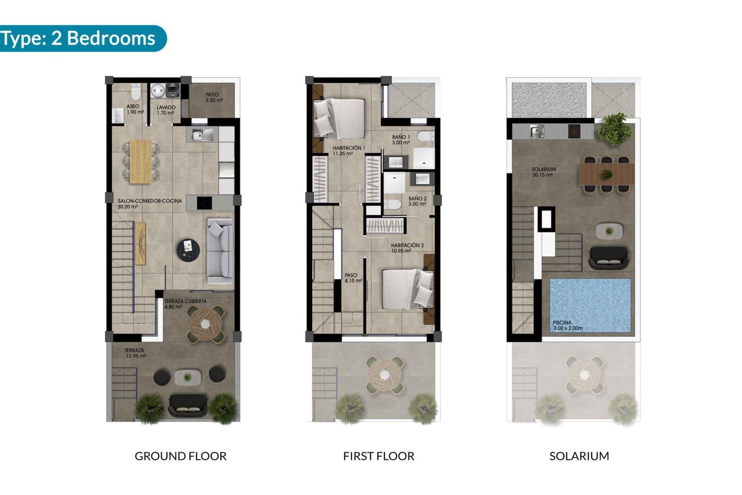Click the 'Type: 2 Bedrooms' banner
point(79,38)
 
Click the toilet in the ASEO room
point(136,92)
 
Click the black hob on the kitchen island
point(204,203)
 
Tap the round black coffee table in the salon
point(188,249)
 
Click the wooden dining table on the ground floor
point(141,161)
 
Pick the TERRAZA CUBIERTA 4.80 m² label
point(185,304)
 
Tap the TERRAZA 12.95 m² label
point(135,353)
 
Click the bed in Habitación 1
point(339,118)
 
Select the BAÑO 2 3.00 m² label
point(417,201)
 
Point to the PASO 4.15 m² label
point(353,278)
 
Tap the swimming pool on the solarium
point(590,305)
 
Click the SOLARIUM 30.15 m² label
point(543,172)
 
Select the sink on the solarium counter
point(537,131)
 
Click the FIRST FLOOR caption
point(378,456)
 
